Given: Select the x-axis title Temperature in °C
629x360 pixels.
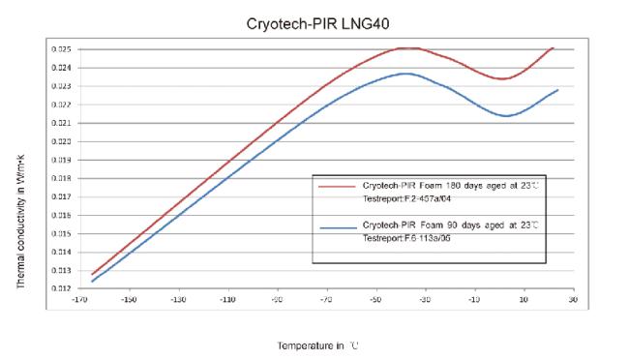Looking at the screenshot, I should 318,345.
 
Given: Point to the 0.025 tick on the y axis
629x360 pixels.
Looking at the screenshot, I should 59,48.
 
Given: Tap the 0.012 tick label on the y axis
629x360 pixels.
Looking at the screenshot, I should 59,289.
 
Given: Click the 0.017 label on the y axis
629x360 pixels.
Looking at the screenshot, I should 59,196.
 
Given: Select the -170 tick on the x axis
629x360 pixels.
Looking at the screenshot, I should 78,300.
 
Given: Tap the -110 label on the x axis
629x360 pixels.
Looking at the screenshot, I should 227,300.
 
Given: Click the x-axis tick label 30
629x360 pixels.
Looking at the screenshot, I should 573,300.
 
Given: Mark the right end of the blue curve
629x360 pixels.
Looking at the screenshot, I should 558,90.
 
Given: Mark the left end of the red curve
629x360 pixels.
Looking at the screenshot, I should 92,275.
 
